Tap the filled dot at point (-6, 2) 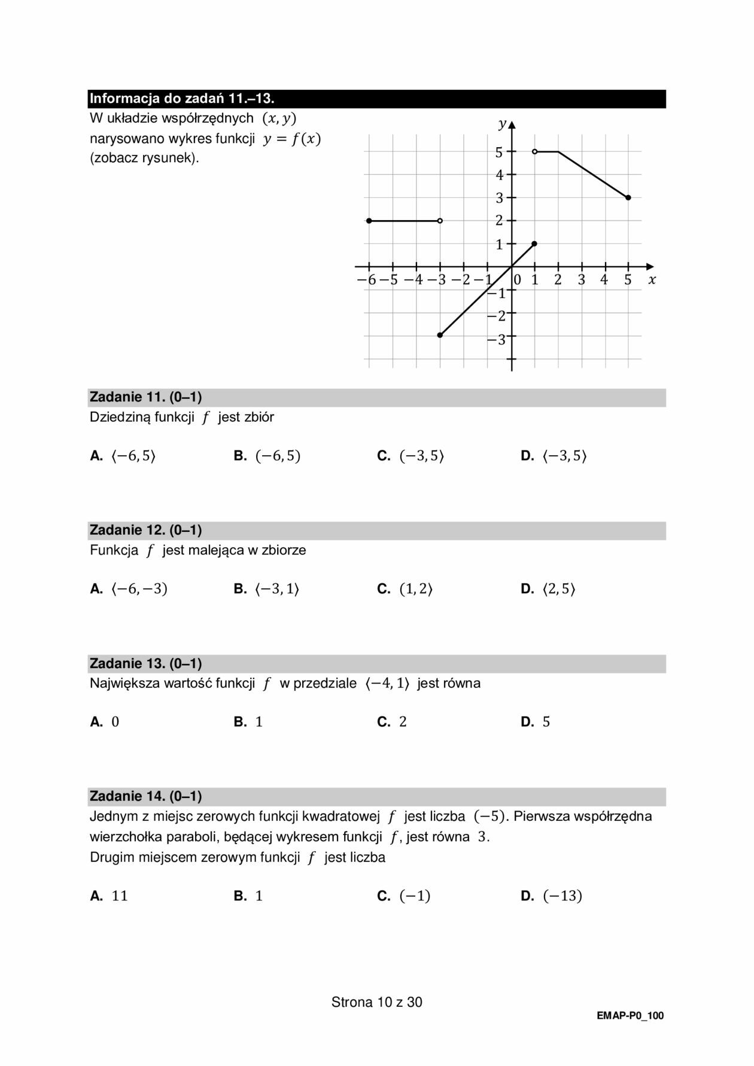pos(369,221)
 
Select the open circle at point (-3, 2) pos(440,221)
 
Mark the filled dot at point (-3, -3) pos(440,335)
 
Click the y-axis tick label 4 pos(499,175)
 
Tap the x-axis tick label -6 pos(366,280)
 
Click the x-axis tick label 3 pos(581,280)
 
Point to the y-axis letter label pos(502,124)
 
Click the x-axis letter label pos(652,280)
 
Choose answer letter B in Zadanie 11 pos(240,456)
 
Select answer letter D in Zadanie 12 pos(527,589)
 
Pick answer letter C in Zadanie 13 pos(384,722)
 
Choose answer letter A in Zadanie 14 pos(96,896)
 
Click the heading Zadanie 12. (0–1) pos(145,531)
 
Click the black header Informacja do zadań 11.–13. pos(182,99)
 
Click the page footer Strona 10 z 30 pos(376,1003)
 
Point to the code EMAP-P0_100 pos(630,1016)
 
